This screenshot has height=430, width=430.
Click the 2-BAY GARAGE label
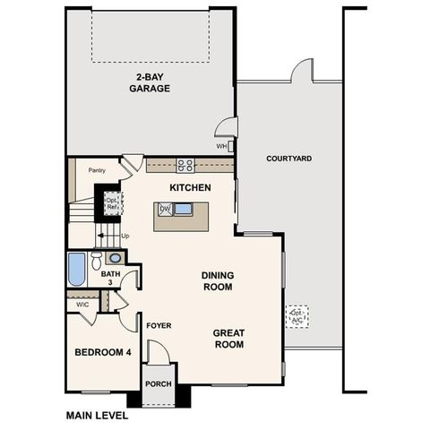[x=149, y=82]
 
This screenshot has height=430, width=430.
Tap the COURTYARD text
[x=289, y=159]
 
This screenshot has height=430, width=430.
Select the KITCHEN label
[x=190, y=188]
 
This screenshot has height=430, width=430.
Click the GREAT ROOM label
[x=228, y=338]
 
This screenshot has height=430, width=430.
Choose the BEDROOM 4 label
[x=102, y=352]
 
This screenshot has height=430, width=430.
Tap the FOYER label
[x=159, y=325]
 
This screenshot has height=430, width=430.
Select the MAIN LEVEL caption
[x=98, y=416]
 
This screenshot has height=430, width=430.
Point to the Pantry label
[x=98, y=169]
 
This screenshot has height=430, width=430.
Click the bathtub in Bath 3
[x=77, y=269]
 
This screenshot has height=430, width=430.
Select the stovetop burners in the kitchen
[x=185, y=165]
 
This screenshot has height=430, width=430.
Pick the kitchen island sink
[x=183, y=210]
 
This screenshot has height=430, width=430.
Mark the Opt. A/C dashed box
[x=297, y=316]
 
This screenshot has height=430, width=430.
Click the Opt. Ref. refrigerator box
[x=113, y=202]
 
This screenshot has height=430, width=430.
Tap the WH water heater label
[x=221, y=146]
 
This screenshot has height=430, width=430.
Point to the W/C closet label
[x=82, y=305]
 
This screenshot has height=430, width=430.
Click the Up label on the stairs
[x=125, y=236]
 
